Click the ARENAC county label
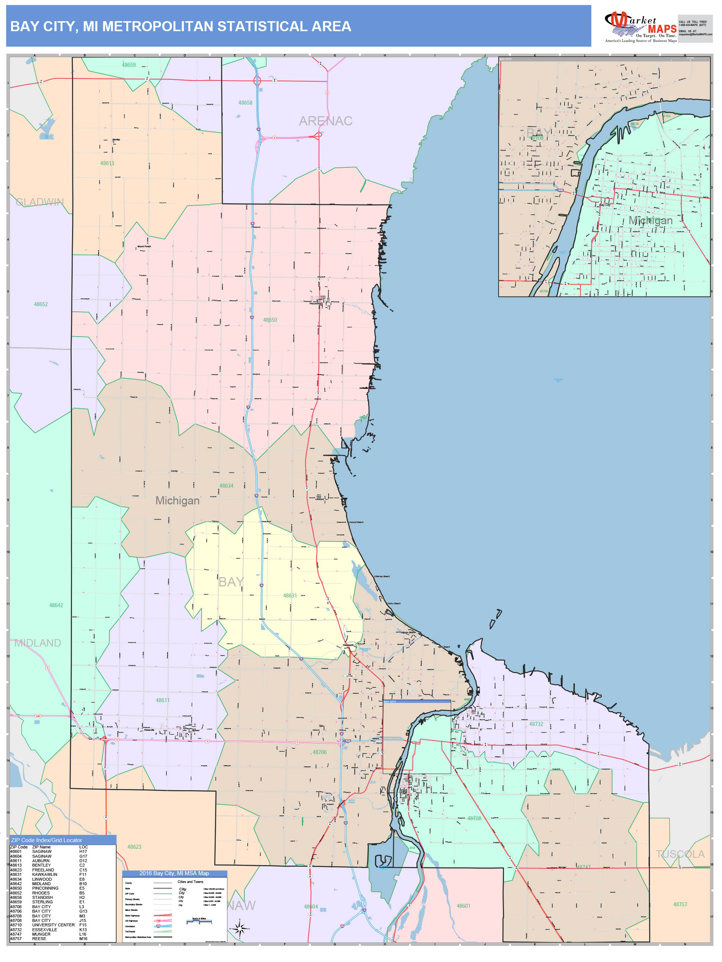(325, 121)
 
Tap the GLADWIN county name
(40, 202)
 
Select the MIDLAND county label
(38, 643)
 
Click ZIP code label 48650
(270, 320)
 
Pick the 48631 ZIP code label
(290, 595)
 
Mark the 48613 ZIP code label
(107, 163)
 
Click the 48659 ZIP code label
(129, 65)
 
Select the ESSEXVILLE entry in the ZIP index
(45, 930)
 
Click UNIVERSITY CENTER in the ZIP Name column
(53, 925)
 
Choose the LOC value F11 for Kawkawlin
(83, 874)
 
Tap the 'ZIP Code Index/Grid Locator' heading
(46, 840)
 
